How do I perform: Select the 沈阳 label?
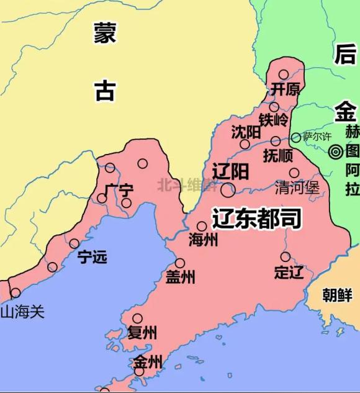(x=245, y=132)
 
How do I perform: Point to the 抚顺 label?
(x=277, y=155)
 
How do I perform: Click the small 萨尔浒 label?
(x=317, y=136)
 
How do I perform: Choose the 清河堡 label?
(x=297, y=187)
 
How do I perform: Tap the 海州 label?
(x=203, y=240)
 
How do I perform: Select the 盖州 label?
(x=180, y=277)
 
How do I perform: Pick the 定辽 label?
(x=289, y=272)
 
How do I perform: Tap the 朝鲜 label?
(x=338, y=295)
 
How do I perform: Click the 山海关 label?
(x=23, y=310)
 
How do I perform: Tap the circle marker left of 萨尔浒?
(x=295, y=137)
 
